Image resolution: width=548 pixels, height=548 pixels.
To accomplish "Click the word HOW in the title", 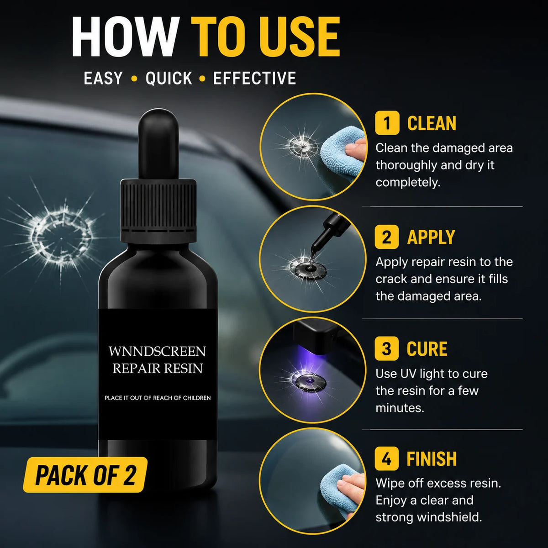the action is [x=126, y=37].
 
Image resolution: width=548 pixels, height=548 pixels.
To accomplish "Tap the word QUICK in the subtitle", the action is [x=169, y=78].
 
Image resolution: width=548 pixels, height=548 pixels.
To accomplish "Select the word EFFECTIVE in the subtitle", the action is [x=254, y=78].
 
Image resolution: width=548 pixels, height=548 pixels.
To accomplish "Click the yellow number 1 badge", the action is [x=387, y=123].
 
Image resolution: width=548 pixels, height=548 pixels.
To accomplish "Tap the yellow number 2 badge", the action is [x=387, y=237].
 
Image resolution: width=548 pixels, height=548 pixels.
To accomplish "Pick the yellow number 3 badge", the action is [x=387, y=348].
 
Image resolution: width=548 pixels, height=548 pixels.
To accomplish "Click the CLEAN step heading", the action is [x=432, y=123].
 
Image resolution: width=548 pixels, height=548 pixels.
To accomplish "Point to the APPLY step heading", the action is [x=431, y=237].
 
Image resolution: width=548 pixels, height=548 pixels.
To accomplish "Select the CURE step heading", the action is [x=427, y=348].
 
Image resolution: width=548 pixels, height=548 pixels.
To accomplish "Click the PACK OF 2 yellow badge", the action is [x=85, y=474].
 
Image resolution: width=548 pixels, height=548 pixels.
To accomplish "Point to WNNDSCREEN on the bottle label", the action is [x=157, y=352].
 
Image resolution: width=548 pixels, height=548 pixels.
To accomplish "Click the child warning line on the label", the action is [x=158, y=398].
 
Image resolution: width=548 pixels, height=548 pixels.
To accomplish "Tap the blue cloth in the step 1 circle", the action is [x=342, y=151].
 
